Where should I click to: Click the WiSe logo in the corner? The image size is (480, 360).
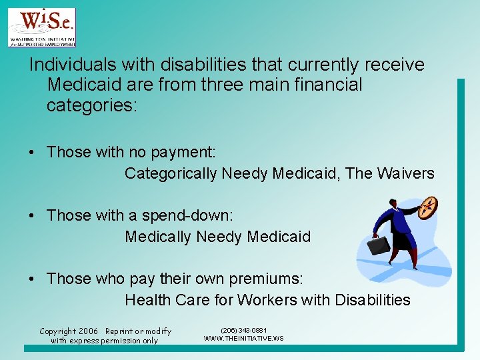(41, 27)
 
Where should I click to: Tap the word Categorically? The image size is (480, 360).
(171, 174)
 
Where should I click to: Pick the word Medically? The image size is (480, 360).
(157, 237)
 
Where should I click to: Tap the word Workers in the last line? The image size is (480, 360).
(269, 300)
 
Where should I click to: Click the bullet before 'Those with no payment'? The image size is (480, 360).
(32, 153)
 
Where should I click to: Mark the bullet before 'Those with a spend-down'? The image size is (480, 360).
(32, 216)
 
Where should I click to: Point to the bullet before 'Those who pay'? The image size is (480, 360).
(32, 279)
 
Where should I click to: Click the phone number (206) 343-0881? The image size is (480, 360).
(243, 330)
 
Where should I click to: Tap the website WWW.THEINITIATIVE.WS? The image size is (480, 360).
(243, 339)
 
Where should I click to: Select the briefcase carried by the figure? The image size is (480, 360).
(379, 246)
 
